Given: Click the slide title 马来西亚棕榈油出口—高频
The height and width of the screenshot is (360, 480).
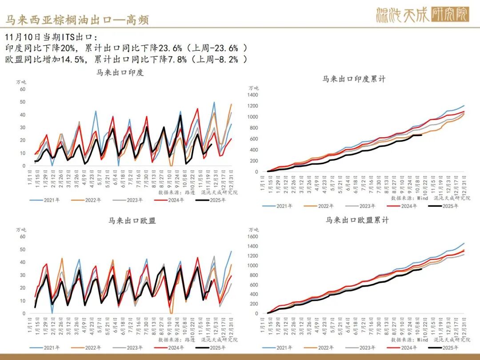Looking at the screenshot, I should click(x=77, y=20).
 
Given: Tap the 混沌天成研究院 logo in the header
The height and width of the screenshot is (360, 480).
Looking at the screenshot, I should click(x=422, y=15).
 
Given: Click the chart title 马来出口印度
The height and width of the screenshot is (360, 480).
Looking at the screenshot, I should click(x=120, y=72).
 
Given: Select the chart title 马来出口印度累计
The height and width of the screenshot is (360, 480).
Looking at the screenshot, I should click(x=354, y=79).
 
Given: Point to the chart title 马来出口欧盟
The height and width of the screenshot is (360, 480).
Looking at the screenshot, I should click(x=132, y=220).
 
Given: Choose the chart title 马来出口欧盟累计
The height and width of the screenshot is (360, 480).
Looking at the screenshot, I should click(x=357, y=220).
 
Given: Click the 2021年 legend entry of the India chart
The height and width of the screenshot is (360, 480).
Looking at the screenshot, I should click(x=51, y=200).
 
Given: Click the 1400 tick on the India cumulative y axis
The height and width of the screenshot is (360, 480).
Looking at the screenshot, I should click(x=252, y=95).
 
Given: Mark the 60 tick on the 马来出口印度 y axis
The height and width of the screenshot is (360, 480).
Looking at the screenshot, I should click(x=23, y=89).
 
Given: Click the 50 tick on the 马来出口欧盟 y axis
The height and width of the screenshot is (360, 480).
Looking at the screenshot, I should click(x=23, y=249).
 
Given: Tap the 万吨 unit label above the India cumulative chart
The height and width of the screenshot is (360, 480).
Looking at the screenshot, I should click(x=253, y=88).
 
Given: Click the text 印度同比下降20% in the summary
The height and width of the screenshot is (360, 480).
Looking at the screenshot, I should click(x=43, y=48).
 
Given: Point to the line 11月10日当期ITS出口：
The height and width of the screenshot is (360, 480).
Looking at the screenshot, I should click(x=53, y=36).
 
